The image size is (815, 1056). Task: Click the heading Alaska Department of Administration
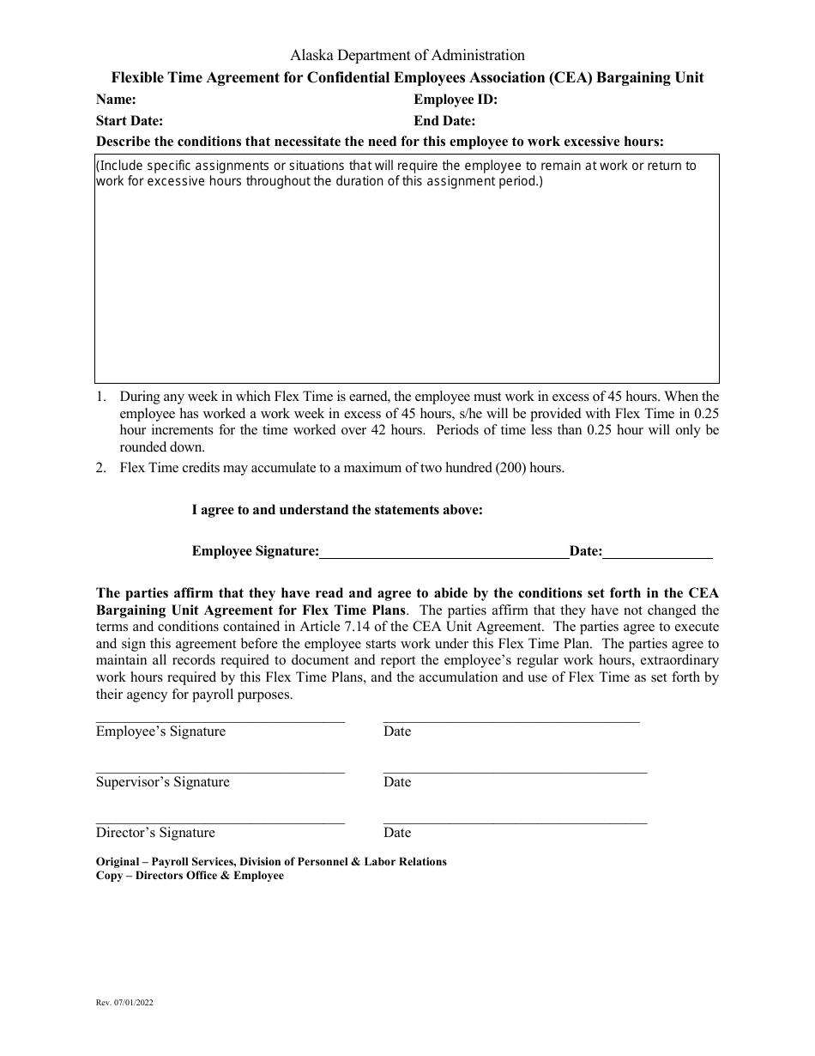[x=407, y=55]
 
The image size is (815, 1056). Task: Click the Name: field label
[x=116, y=100]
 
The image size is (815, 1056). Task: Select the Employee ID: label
[x=456, y=100]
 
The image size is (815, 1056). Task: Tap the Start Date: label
[x=130, y=121]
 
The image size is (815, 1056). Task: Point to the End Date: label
[x=444, y=121]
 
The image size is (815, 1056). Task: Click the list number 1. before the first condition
[x=101, y=397]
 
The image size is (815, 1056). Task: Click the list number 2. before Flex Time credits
[x=101, y=468]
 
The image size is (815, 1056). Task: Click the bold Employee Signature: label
[x=256, y=551]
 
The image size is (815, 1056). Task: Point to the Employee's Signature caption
[x=160, y=731]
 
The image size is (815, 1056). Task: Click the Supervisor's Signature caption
[x=163, y=782]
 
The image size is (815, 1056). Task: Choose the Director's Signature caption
[x=155, y=833]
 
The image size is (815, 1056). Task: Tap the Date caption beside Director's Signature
[x=397, y=833]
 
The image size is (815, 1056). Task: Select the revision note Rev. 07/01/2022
[x=125, y=1002]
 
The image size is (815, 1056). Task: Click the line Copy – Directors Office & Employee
[x=190, y=876]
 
